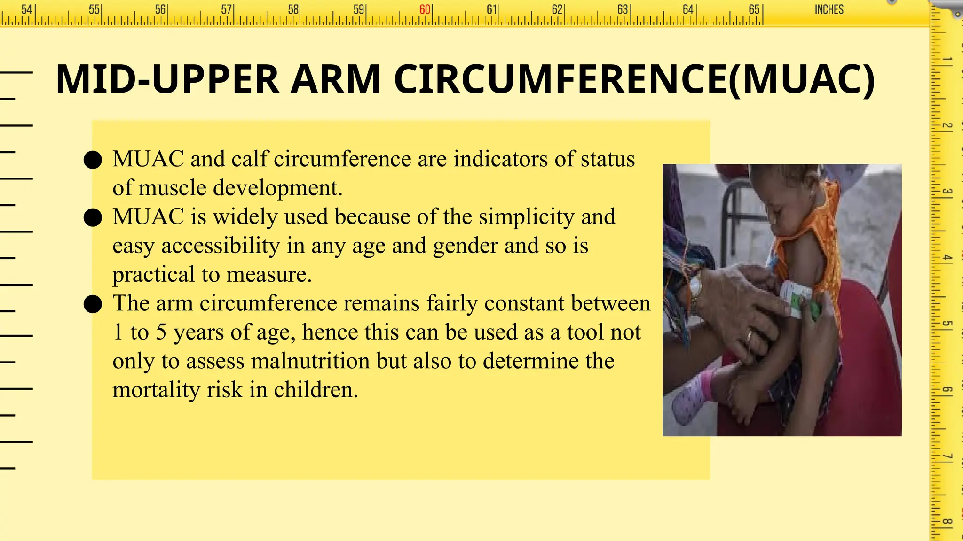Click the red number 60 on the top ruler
click(425, 10)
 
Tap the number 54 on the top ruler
click(27, 10)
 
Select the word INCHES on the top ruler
click(829, 10)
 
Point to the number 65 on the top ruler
click(754, 10)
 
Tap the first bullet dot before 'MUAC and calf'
click(93, 160)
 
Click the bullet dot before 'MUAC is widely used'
click(93, 218)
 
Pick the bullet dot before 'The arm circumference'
click(93, 304)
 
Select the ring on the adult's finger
click(749, 336)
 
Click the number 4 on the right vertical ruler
click(947, 258)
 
